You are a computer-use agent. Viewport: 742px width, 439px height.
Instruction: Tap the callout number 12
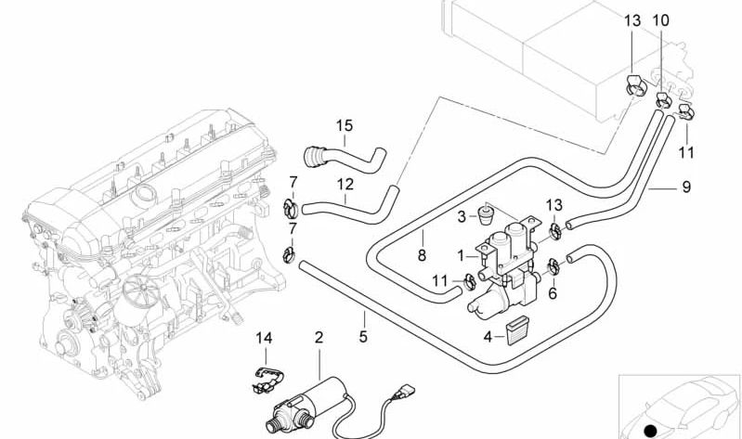point(345,184)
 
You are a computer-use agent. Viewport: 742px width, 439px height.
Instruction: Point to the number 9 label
point(686,187)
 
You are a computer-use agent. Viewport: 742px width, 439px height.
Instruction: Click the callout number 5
point(364,336)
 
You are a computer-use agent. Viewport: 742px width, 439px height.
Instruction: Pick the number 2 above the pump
point(319,339)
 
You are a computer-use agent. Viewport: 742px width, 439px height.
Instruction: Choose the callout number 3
point(461,217)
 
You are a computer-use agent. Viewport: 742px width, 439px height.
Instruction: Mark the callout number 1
point(461,254)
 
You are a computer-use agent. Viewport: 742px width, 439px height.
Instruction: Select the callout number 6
point(553,293)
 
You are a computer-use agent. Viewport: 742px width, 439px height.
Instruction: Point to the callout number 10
point(660,20)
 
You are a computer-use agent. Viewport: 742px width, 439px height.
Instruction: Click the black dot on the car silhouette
point(651,431)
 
